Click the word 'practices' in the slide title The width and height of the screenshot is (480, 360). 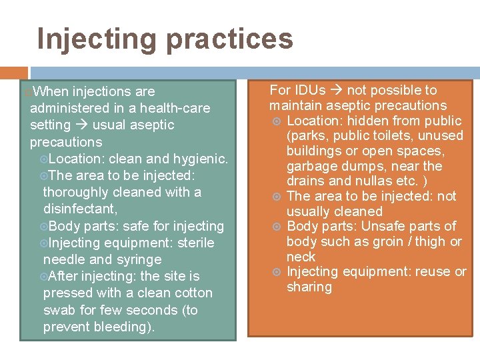coord(229,39)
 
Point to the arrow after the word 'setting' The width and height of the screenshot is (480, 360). coord(82,125)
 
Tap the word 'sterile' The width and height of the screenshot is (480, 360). coord(195,243)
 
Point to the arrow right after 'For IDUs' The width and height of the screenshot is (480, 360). coord(337,91)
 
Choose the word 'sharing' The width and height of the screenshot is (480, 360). coord(309,287)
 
